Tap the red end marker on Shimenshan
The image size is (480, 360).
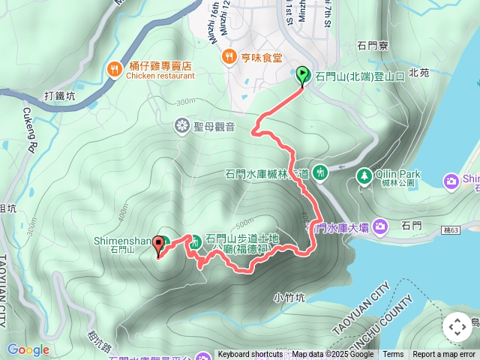coord(158,244)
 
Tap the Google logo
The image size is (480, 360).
coord(28,349)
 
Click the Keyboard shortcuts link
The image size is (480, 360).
coord(250,355)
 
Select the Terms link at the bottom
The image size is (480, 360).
coord(393,355)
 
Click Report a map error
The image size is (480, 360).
coord(445,355)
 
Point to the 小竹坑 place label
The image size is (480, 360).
coord(289,297)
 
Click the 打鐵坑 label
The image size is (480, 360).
coord(60,95)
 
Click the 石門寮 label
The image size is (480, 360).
coord(373,46)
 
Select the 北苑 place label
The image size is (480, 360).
coord(421,73)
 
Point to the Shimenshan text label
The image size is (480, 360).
coord(133,241)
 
